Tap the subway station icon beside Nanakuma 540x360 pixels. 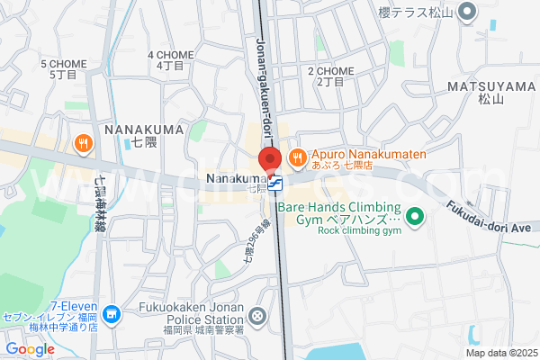click(x=274, y=184)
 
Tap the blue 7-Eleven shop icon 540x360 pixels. click(x=111, y=315)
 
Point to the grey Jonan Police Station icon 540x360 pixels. click(x=258, y=315)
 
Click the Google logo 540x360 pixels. click(x=30, y=348)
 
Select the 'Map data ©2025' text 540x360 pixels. click(x=499, y=353)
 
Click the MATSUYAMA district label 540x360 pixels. click(x=491, y=87)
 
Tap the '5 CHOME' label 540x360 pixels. click(x=64, y=65)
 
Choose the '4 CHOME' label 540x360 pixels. click(x=170, y=55)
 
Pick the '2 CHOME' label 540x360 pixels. click(x=331, y=71)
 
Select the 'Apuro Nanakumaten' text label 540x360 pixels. click(x=369, y=155)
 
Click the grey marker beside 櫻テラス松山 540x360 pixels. click(x=466, y=12)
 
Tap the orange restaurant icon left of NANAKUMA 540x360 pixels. click(x=83, y=143)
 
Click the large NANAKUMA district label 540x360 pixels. click(x=144, y=130)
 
